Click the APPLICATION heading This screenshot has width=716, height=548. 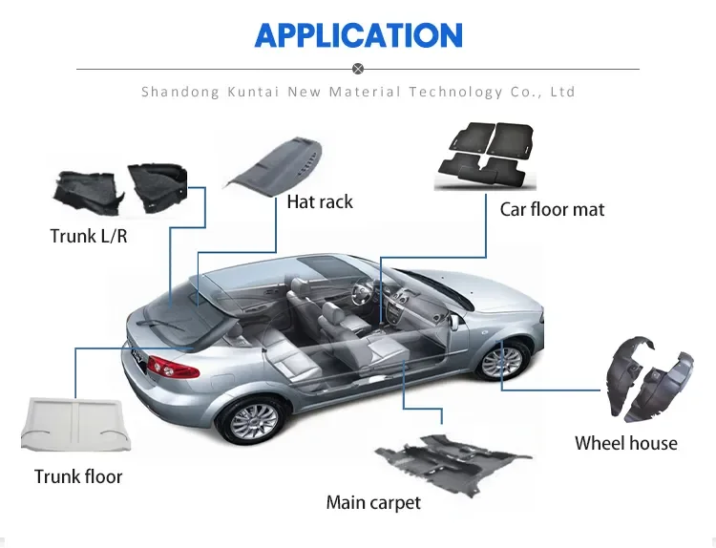[358, 35]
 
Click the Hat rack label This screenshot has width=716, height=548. [320, 201]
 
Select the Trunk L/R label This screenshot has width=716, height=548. [89, 235]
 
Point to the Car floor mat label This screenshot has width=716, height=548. [552, 209]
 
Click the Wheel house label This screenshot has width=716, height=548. [625, 443]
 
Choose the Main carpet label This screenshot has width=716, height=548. [373, 502]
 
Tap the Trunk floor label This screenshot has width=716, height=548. [78, 476]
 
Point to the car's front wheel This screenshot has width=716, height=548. [502, 360]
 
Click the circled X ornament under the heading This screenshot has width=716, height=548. [358, 69]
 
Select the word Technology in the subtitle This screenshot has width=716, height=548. [456, 93]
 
